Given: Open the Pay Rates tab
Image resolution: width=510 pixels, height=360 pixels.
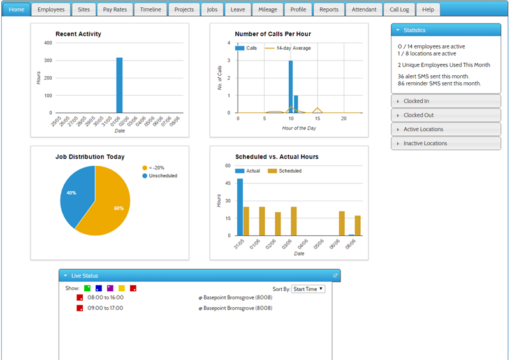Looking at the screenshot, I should click(115, 10).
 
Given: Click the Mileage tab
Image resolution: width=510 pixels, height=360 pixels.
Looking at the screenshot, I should click(268, 10).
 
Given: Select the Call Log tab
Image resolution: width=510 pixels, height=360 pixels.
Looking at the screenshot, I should click(399, 10).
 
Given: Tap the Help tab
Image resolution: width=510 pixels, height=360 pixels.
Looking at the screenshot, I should click(428, 10).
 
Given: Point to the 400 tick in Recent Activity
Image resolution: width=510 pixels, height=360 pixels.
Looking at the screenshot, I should click(48, 43).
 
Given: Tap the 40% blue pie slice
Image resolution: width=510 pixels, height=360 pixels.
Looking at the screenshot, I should click(74, 191).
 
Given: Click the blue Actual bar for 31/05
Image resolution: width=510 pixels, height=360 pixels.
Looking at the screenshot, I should click(240, 207).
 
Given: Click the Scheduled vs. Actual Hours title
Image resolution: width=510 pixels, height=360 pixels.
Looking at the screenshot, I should click(277, 157).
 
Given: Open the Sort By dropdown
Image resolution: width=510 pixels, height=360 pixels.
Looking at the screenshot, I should click(308, 289).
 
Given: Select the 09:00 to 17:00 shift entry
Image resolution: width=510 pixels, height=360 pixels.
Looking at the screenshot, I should click(106, 308).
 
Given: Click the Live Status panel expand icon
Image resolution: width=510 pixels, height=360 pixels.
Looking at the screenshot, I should click(335, 276).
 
